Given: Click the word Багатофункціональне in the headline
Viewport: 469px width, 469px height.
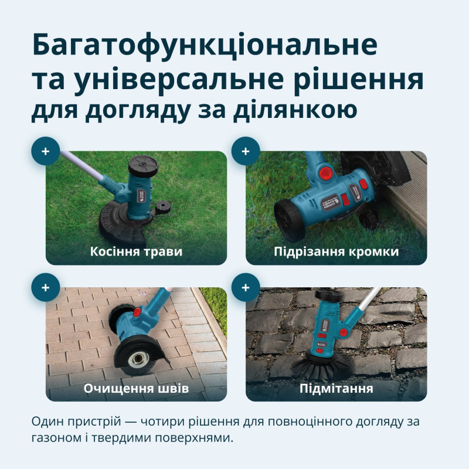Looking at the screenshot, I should pos(205,45).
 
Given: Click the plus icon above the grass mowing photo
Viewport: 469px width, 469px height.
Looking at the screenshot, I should pos(46,151).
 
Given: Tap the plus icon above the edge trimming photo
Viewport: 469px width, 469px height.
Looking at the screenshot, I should pos(246,151).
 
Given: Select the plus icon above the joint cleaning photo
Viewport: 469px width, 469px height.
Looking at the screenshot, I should pos(46,287).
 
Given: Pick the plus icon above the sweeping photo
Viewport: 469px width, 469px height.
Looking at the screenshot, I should pos(246,287).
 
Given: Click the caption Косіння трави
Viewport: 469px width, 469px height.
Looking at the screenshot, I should pos(136,252).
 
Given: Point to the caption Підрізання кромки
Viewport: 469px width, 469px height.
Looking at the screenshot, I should pos(336,252).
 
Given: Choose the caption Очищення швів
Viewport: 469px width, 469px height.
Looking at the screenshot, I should pos(136,389).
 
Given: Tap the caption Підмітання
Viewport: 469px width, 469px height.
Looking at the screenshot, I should pos(336,389).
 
